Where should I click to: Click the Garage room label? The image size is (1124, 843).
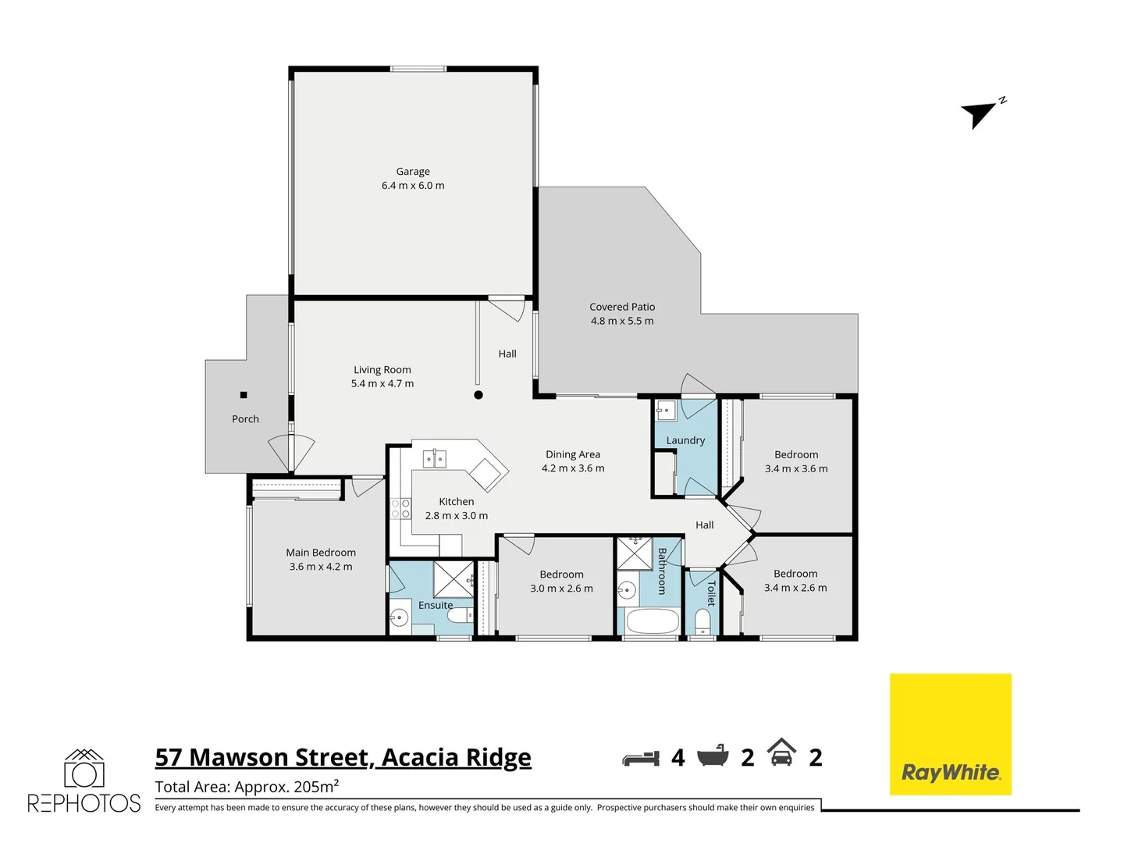[413, 172]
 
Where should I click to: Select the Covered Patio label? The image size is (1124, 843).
[622, 307]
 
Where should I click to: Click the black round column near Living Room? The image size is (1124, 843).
[478, 395]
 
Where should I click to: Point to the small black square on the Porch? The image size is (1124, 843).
[244, 395]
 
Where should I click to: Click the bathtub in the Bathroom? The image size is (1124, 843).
[653, 622]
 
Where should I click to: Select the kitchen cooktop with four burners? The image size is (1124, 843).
[400, 509]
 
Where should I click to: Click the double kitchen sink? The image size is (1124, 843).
[435, 458]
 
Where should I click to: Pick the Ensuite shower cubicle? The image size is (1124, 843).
[453, 579]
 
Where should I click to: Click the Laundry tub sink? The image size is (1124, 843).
[666, 410]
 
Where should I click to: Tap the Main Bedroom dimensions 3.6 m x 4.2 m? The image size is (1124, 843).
[321, 567]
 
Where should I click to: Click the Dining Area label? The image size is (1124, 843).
[573, 454]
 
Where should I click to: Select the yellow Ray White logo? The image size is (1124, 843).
[951, 735]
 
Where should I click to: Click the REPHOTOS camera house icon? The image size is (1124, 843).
[84, 770]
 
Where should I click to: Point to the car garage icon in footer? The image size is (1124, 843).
[781, 753]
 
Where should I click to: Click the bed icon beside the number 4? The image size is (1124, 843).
[641, 757]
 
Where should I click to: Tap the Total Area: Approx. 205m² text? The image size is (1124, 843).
[247, 786]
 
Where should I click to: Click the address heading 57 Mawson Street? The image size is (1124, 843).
[343, 757]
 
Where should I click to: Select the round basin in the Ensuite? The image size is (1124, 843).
[399, 618]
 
